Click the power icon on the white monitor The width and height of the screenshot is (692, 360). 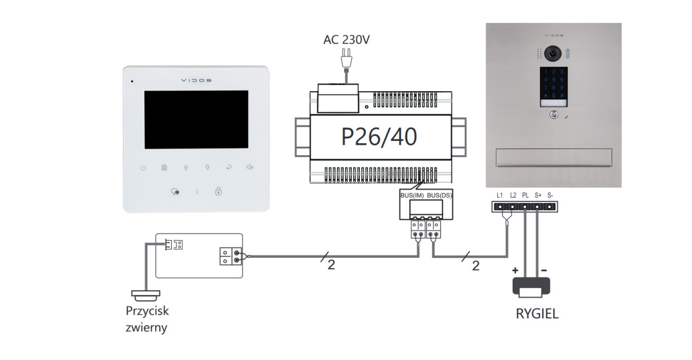[x=142, y=168]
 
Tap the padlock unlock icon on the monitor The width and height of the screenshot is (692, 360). [x=219, y=192]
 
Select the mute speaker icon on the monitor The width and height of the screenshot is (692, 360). [x=250, y=168]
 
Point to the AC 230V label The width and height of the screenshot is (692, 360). [x=346, y=40]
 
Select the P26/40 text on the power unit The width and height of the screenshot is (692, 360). [x=379, y=137]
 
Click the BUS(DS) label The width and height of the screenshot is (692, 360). [x=439, y=196]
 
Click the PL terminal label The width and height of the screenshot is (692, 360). [x=525, y=195]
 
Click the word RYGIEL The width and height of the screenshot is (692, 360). [x=537, y=314]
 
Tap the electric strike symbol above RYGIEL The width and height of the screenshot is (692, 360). [x=531, y=287]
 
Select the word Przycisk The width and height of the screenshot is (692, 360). [x=147, y=311]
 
